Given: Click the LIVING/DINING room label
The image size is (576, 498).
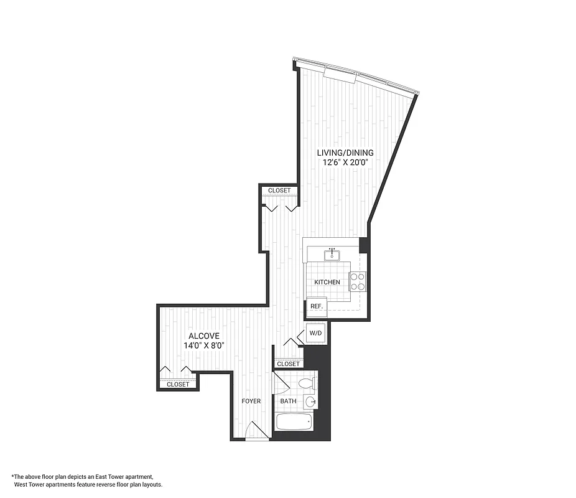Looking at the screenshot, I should [345, 153].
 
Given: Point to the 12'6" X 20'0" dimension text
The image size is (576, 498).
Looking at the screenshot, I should [345, 162].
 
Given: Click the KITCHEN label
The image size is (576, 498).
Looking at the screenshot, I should [327, 283].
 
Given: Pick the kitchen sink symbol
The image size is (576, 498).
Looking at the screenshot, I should [333, 253].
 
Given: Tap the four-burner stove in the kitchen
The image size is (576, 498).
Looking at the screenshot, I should [358, 282].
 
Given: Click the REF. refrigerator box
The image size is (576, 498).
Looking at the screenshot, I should [316, 306].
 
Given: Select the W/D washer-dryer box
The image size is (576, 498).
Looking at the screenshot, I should [316, 334].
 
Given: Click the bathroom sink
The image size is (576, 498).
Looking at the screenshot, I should [311, 402].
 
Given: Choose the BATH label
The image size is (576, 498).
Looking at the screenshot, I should [288, 402].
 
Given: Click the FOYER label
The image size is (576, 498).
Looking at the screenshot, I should [251, 402].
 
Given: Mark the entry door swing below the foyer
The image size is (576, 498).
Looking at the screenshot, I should [255, 431].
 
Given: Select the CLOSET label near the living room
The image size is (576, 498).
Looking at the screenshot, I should [279, 191].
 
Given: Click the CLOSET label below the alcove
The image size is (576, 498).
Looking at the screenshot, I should [178, 385].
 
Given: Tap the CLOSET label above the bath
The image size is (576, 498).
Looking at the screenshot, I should [288, 364].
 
